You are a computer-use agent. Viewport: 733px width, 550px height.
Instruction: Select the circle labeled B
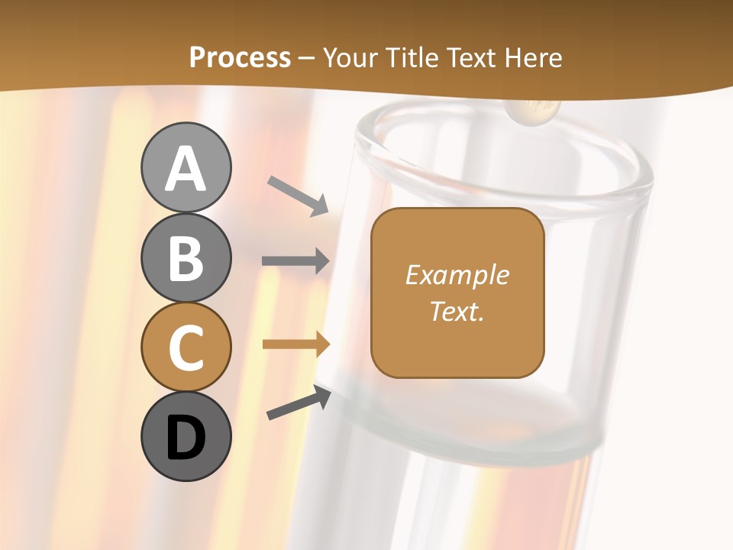coord(186,257)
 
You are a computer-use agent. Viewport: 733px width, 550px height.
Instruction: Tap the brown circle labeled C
coord(186,348)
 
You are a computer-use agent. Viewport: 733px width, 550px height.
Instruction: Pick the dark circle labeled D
coord(186,437)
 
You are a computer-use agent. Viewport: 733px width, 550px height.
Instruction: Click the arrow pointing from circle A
coord(298,196)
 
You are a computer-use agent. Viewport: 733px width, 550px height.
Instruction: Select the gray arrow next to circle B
coord(295,260)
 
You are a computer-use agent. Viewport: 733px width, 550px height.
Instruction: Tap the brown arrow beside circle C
coord(296,345)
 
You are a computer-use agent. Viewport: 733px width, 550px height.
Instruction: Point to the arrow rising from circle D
coord(299,403)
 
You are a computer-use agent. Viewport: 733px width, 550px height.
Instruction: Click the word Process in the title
coord(240,57)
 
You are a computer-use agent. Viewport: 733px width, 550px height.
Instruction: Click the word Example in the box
coord(457,275)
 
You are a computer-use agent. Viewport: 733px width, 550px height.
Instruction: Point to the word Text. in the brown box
coord(457,311)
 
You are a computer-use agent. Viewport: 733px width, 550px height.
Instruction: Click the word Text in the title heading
coord(470,57)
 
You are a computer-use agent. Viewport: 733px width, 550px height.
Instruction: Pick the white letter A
coord(186,169)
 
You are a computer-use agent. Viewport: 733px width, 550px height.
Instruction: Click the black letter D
coord(186,438)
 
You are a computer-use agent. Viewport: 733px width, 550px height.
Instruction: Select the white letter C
coord(186,348)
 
